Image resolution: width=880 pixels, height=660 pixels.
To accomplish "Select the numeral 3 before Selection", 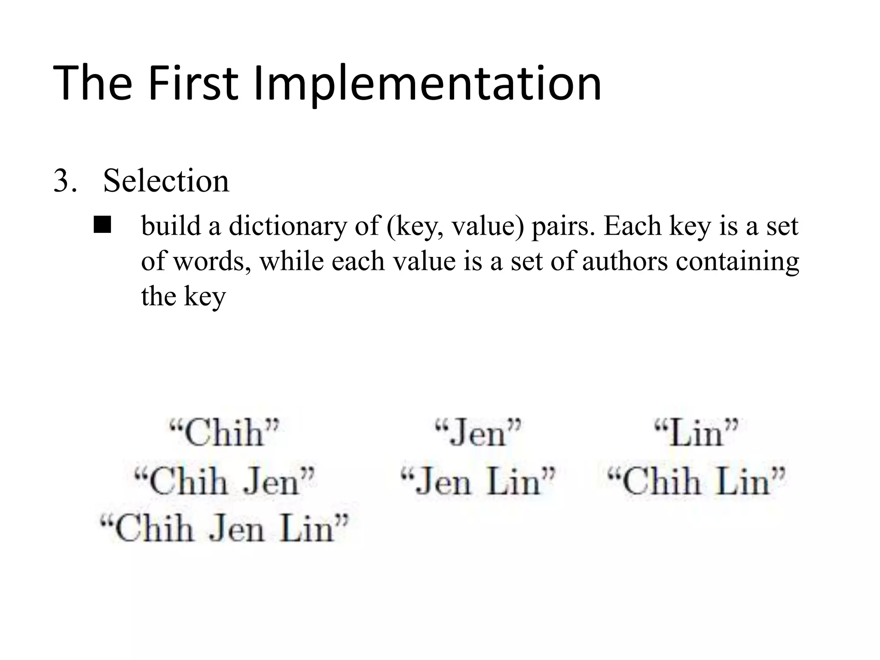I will pos(62,180).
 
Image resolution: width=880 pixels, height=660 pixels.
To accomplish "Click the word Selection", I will pos(166,180).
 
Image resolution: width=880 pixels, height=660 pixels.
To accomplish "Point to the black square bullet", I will pos(102,225).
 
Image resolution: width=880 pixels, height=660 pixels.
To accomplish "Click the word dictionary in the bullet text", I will pos(287,226).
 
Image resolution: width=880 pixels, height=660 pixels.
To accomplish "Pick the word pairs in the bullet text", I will pos(562,227).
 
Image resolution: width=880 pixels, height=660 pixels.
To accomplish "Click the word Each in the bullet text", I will pos(632,226).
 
